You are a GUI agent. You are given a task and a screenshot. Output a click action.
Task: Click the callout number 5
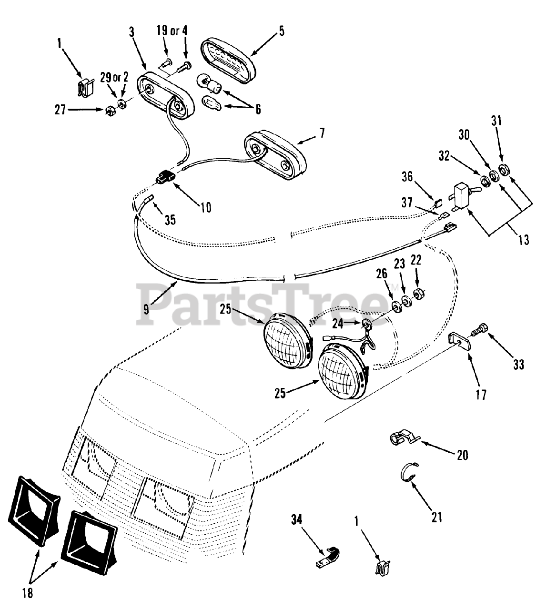coord(281,31)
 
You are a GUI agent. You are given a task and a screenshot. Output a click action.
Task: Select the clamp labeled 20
coord(401,439)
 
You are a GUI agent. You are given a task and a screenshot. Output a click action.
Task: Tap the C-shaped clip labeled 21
coord(406,472)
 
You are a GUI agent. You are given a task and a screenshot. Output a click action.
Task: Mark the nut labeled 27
coord(111,112)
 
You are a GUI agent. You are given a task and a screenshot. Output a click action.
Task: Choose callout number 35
coord(170,220)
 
